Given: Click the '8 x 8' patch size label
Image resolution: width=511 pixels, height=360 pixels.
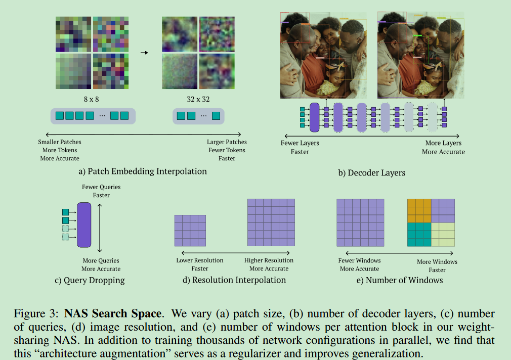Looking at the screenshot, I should point(92,99).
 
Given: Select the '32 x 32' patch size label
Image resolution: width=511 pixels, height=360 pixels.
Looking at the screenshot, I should point(198,99).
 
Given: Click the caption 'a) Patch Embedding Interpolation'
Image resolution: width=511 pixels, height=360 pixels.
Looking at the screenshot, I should point(143,171).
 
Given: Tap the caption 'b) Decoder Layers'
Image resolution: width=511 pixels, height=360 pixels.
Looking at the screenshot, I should point(371,172).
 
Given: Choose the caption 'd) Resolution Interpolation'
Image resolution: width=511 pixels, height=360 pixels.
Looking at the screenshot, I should point(233,280).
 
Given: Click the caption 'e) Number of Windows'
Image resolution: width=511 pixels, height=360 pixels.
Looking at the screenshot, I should point(399,280).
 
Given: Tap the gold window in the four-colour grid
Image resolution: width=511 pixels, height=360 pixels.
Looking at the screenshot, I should point(419,211).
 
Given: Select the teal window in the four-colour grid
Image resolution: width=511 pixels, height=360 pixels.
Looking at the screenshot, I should point(419,235).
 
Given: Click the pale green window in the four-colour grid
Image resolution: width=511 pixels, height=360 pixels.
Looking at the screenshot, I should point(443,235).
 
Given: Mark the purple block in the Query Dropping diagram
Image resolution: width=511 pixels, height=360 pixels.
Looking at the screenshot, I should point(84,225).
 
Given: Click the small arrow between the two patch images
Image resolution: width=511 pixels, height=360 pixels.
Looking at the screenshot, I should point(144,52).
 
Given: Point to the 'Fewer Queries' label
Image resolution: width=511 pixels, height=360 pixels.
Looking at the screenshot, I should point(101,187).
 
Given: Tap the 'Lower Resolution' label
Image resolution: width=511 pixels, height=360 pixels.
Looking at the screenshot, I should point(199,260).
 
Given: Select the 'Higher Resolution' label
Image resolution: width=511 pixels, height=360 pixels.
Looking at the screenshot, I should point(269,260).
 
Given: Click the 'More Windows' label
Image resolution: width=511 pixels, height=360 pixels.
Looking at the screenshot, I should point(437,262).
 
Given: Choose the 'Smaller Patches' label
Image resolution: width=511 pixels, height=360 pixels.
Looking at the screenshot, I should point(60,142).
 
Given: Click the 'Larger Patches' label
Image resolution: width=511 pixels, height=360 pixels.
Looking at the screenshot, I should point(227,142).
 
